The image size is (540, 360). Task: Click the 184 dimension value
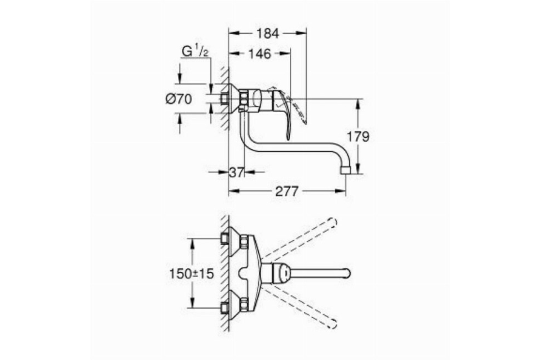[x=268, y=33]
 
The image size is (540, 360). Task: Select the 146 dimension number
[x=260, y=54]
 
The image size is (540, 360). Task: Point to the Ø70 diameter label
[x=179, y=99]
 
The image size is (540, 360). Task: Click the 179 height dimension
[x=358, y=137]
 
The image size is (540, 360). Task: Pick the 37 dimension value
[x=236, y=172]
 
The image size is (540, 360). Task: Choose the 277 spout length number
[x=287, y=191]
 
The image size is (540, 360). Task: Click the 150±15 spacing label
[x=192, y=274]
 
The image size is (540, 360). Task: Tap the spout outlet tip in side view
[x=346, y=170]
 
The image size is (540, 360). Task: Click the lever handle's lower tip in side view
[x=288, y=139]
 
